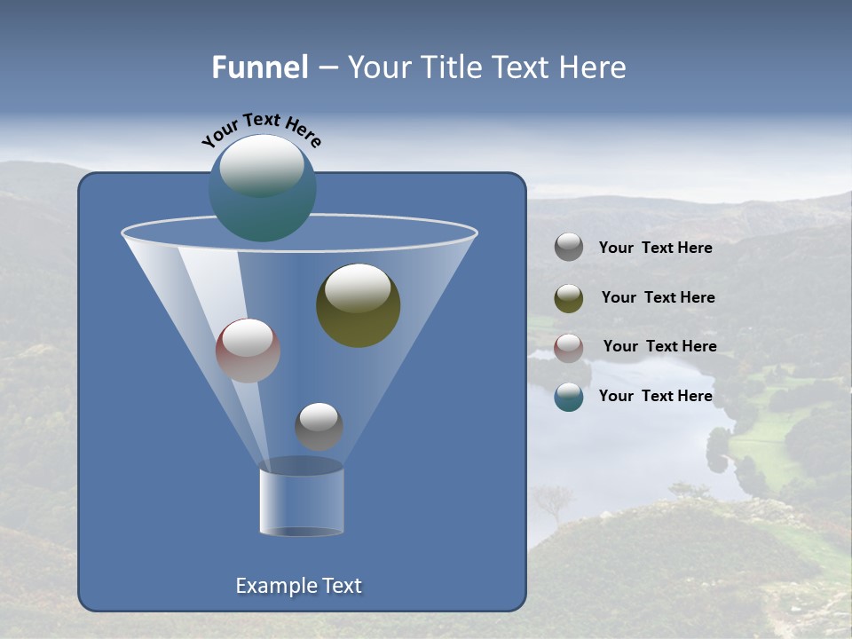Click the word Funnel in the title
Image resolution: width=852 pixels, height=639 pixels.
point(260,67)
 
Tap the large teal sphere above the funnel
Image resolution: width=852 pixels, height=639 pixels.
point(262,189)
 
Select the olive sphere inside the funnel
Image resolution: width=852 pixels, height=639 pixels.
point(358,305)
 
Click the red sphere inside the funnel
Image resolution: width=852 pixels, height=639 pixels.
point(248,351)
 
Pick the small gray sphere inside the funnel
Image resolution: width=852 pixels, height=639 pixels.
point(319,426)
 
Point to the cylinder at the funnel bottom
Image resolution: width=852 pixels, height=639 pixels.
point(301,501)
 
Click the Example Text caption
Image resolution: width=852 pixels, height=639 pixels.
point(298,586)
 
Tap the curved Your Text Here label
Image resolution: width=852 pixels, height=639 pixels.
point(261,129)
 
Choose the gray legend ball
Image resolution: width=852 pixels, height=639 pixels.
point(569,248)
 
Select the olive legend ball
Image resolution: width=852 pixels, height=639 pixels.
point(569,298)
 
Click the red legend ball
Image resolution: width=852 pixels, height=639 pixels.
point(569,348)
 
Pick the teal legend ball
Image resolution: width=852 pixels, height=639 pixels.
point(569,397)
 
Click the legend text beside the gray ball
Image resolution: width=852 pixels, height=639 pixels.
point(655,248)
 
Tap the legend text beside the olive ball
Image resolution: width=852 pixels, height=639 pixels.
point(658,298)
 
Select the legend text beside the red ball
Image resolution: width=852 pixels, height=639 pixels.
point(659,347)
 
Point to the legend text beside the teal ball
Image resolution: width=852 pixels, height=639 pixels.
point(655,396)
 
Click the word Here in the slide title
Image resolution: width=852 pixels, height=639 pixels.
point(593,67)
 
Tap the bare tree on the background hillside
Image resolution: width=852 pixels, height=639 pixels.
point(554,502)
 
